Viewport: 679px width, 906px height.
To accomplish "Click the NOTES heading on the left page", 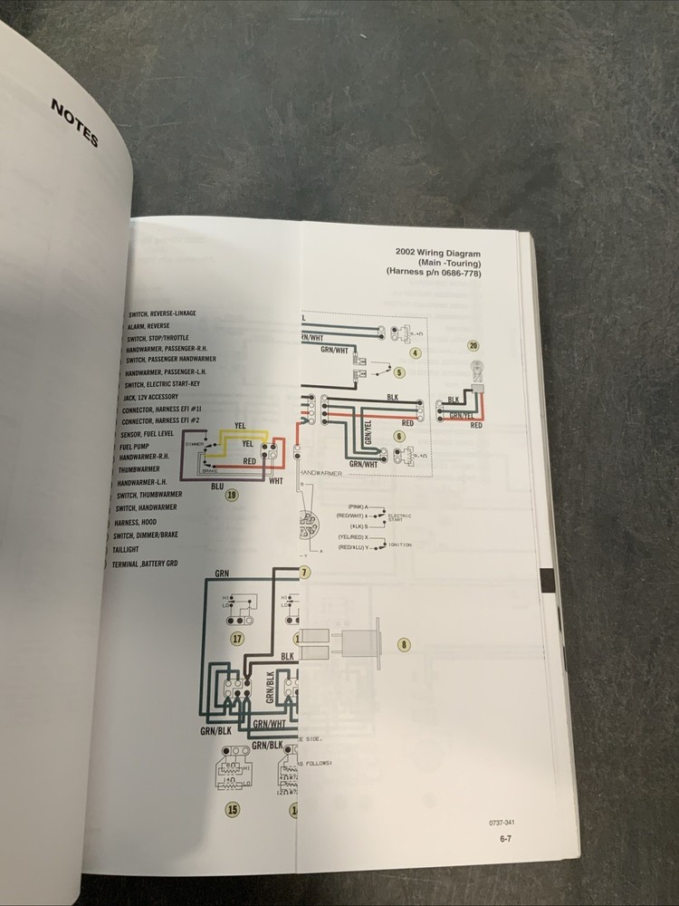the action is (74, 123).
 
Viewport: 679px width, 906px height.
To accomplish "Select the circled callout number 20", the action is (473, 345).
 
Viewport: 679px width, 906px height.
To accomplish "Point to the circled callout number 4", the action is (416, 353).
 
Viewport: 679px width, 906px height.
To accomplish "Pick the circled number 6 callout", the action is (399, 436).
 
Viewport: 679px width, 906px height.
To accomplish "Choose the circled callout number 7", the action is (304, 573).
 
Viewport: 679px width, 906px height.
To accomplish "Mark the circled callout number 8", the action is (404, 645).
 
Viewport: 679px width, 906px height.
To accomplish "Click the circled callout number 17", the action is (237, 638).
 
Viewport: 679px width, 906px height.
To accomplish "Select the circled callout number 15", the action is (233, 809).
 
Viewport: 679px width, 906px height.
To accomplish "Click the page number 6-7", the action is (508, 839).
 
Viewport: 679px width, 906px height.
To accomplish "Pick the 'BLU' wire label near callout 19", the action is (216, 487).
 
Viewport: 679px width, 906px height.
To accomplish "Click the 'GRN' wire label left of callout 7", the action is (223, 573).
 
